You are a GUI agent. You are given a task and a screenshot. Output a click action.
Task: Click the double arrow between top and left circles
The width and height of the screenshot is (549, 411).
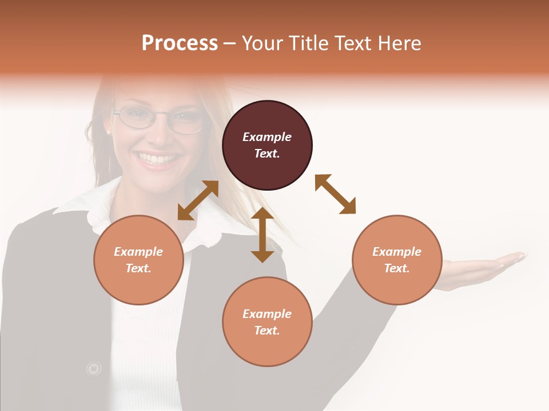pos(198,200)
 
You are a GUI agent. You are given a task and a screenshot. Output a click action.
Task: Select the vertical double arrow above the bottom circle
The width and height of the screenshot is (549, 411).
pos(262,235)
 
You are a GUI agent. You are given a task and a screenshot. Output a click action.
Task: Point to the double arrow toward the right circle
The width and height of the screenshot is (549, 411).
pos(335,194)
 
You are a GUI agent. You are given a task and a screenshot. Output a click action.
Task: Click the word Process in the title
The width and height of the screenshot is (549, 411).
pos(180,43)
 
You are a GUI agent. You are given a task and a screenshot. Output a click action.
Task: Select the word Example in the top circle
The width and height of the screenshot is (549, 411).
pos(267,137)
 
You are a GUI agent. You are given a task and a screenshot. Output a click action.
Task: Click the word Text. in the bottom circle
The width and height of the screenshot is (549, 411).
pos(267,331)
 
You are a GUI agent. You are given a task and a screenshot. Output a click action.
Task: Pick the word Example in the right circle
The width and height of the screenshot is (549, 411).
pos(397,252)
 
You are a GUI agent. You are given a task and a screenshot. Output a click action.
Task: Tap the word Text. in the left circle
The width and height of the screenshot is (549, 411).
pos(138,268)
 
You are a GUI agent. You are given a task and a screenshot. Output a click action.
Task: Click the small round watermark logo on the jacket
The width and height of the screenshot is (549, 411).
pos(93,369)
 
